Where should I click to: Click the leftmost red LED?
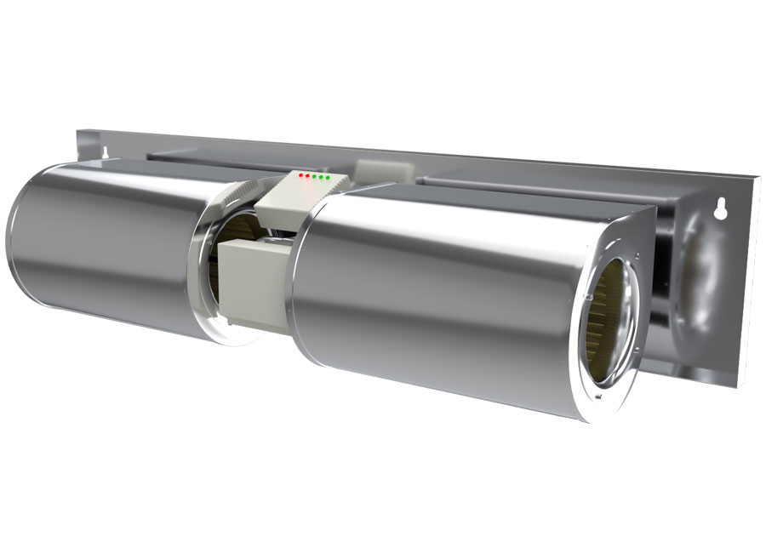[x=301, y=174]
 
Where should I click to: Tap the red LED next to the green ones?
[x=307, y=175]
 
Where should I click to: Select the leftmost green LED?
[x=314, y=176]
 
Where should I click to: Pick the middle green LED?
[x=321, y=177]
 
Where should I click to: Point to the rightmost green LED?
[x=328, y=178]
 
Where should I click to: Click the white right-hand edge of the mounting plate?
[x=752, y=281]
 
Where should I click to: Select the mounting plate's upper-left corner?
[x=79, y=132]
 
